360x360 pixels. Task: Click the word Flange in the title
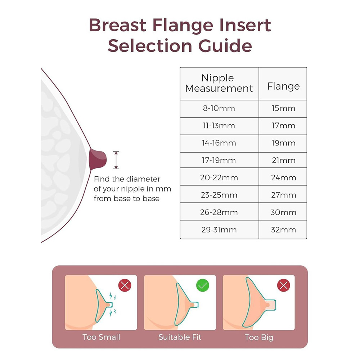pos(183,25)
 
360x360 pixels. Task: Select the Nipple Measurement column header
pos(219,84)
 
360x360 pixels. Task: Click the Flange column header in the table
pos(283,84)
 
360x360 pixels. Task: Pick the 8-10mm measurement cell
pos(219,109)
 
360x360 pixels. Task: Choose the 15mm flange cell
pos(283,109)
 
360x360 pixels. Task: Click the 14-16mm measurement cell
pos(219,143)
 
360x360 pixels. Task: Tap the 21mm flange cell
pos(283,160)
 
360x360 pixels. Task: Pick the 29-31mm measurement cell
pos(219,230)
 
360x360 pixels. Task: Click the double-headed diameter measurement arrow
pos(116,160)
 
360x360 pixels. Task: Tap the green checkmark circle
pos(203,285)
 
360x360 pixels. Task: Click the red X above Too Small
pos(125,285)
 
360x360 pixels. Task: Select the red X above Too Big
pos(284,285)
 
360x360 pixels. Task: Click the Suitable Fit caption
pos(180,337)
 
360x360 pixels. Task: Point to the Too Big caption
pos(259,337)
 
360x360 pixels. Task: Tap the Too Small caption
pos(101,337)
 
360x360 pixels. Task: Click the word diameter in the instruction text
pos(143,179)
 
